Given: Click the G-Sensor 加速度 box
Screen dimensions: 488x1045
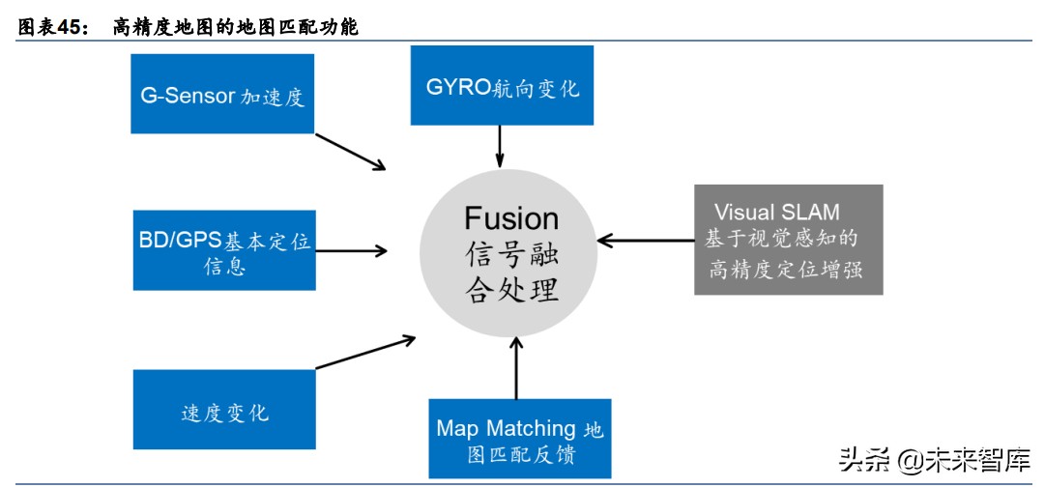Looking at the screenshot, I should (x=222, y=94).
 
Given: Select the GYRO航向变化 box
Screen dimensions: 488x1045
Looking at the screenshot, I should (x=502, y=86).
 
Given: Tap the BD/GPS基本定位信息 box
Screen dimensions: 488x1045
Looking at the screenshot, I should (x=224, y=250).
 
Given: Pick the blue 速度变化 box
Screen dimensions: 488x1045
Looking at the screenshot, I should (x=224, y=410).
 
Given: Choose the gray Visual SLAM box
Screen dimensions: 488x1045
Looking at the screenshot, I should (x=788, y=240).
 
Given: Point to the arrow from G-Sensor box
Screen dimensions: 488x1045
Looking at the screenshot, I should (x=350, y=151).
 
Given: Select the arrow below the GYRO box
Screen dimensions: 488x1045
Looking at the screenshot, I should (x=500, y=145).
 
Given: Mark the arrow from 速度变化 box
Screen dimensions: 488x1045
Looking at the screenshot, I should (x=365, y=352).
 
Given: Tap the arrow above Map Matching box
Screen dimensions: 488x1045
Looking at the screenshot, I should (x=516, y=367).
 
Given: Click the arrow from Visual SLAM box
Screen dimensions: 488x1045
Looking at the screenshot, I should (x=645, y=239).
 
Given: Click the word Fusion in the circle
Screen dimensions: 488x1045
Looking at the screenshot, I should (x=511, y=217).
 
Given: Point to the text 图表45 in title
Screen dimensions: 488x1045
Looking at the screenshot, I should (x=54, y=28).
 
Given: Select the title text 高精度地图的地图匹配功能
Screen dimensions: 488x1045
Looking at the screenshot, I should (x=235, y=28).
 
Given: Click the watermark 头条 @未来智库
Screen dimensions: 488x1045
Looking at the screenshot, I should (x=934, y=460).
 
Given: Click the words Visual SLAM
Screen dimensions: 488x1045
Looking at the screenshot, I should (x=776, y=213).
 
